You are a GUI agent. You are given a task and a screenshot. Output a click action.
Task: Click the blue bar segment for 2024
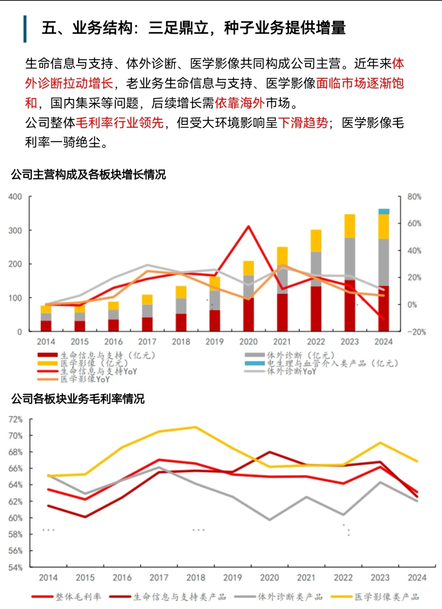tap(383, 211)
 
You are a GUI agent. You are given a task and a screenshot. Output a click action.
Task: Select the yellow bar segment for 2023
tap(350, 226)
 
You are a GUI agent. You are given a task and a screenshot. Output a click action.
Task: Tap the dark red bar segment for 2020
tap(248, 314)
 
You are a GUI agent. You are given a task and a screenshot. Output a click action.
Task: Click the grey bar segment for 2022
tap(316, 269)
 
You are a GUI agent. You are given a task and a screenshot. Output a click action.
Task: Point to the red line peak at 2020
tap(248, 226)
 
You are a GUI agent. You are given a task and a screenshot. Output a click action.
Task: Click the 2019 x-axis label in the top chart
tap(214, 342)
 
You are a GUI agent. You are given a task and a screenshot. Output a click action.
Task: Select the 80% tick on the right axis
tap(414, 197)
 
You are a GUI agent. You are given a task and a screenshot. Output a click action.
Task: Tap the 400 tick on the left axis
tap(15, 197)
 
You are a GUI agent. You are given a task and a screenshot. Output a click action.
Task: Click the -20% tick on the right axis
tap(416, 332)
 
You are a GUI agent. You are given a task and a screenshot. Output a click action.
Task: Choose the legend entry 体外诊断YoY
tap(291, 371)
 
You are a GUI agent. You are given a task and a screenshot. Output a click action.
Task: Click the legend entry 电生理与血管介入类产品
tap(332, 363)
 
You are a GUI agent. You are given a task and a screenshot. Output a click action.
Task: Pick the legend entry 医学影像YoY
tap(85, 379)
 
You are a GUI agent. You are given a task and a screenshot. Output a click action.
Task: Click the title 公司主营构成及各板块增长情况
tap(88, 175)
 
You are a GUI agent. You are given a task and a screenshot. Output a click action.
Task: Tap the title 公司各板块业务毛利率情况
tap(78, 399)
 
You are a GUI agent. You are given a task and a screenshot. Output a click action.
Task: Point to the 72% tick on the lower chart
tap(16, 420)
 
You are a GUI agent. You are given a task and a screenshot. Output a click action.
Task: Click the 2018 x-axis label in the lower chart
tap(196, 578)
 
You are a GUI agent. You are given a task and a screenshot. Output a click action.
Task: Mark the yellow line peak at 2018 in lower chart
tap(195, 427)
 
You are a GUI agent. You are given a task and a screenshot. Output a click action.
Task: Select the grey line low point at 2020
tap(269, 520)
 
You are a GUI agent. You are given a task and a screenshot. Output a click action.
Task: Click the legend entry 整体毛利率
tap(78, 597)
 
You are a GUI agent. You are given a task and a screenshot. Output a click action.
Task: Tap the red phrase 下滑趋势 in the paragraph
tap(303, 123)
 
